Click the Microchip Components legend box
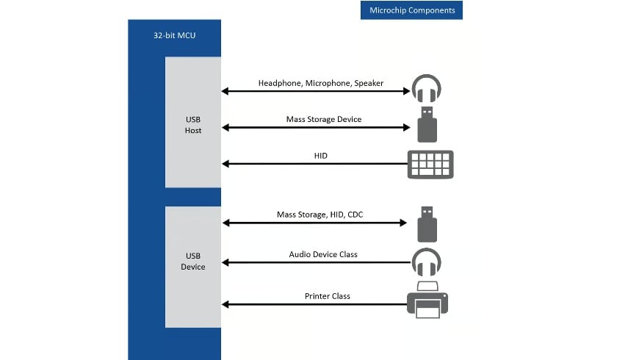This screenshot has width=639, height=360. (411, 10)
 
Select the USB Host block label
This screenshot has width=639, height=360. (192, 124)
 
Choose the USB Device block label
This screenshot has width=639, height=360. (192, 261)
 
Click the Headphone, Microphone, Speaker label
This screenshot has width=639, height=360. (320, 83)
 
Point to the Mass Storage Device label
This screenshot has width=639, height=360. (323, 119)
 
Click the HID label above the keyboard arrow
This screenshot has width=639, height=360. (320, 155)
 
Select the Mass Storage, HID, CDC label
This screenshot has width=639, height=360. (319, 215)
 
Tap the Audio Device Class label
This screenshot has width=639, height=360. (323, 254)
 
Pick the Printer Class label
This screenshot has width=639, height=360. (328, 296)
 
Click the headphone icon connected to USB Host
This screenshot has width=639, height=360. (426, 89)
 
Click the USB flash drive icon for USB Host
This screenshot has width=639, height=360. (427, 124)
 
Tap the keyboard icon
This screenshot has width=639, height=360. (430, 164)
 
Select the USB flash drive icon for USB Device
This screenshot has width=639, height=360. (427, 224)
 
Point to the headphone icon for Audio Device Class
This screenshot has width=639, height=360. (426, 262)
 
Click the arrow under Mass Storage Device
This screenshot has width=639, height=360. (316, 127)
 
